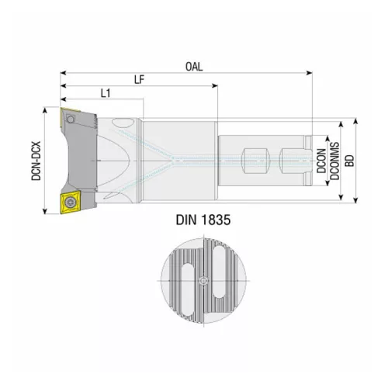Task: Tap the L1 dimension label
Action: pyautogui.click(x=109, y=94)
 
